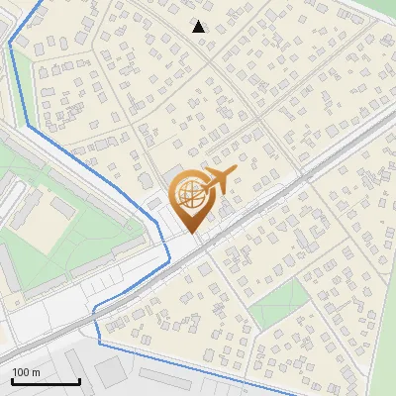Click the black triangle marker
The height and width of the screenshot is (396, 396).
199,27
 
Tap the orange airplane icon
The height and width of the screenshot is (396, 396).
219,180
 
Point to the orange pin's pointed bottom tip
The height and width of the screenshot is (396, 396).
190,232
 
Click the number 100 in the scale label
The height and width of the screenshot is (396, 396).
22,372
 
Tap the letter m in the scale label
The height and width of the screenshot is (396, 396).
37,372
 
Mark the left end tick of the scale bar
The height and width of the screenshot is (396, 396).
11,381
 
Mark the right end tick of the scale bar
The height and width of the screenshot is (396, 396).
79,381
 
